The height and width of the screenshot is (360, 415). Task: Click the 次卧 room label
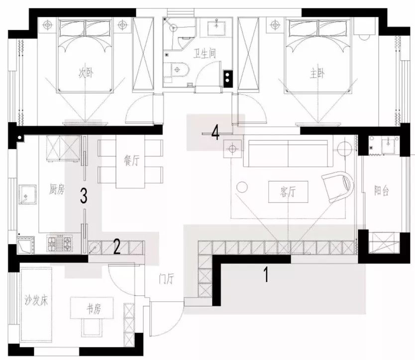pyautogui.click(x=86, y=73)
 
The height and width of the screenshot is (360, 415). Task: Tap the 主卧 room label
pyautogui.click(x=317, y=74)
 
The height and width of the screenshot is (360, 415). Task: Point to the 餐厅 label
pyautogui.click(x=131, y=160)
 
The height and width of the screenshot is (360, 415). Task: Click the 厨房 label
pyautogui.click(x=57, y=189)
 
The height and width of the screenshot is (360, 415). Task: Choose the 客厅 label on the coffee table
pyautogui.click(x=288, y=192)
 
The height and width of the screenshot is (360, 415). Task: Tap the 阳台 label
pyautogui.click(x=381, y=190)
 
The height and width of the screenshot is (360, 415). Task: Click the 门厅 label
pyautogui.click(x=166, y=279)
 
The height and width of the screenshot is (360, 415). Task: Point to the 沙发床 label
pyautogui.click(x=36, y=300)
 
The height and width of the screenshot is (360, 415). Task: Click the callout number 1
pyautogui.click(x=267, y=274)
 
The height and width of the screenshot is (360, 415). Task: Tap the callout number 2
pyautogui.click(x=117, y=246)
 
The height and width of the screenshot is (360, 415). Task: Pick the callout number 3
pyautogui.click(x=84, y=196)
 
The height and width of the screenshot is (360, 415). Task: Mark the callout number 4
pyautogui.click(x=215, y=133)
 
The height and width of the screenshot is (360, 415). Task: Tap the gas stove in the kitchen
pyautogui.click(x=60, y=243)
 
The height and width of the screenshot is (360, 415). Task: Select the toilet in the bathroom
pyautogui.click(x=176, y=70)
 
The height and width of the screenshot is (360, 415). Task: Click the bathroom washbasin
pyautogui.click(x=216, y=28)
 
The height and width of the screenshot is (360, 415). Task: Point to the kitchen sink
pyautogui.click(x=27, y=195)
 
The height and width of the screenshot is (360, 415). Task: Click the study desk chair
pyautogui.click(x=92, y=327)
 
